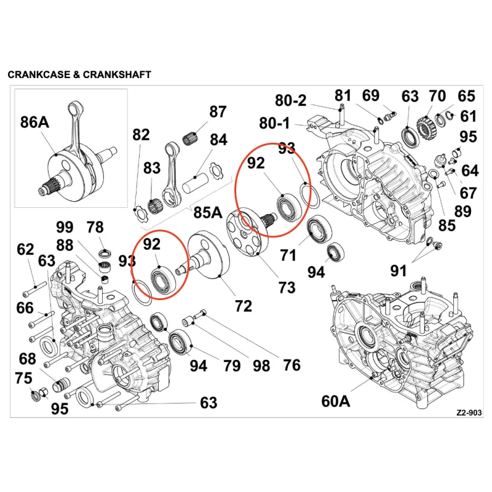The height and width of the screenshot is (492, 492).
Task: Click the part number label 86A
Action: tap(34, 122)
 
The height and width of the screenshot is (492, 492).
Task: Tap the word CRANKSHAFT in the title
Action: tap(117, 74)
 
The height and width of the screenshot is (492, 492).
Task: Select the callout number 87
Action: tap(218, 112)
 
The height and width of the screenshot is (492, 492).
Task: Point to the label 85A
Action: tap(208, 212)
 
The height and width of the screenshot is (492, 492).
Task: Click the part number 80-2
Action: tap(290, 100)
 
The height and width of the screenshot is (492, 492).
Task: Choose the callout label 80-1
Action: tap(274, 123)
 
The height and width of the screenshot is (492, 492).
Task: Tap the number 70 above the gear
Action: tap(437, 96)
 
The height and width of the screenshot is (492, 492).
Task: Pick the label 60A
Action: tap(335, 401)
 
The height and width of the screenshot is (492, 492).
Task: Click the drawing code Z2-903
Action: tap(469, 413)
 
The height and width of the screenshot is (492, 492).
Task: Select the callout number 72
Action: tap(244, 306)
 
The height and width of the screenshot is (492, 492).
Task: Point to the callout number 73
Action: tap(287, 287)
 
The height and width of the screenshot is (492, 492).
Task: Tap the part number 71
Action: tap(288, 255)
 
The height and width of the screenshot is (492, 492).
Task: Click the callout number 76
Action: tap(292, 365)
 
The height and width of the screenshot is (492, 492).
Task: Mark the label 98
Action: tap(261, 366)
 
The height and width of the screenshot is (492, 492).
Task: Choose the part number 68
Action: tap(27, 359)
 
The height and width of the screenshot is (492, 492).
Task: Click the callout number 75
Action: tap(23, 378)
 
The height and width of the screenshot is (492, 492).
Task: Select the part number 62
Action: tap(25, 250)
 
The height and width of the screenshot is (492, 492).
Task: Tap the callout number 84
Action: tap(218, 140)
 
